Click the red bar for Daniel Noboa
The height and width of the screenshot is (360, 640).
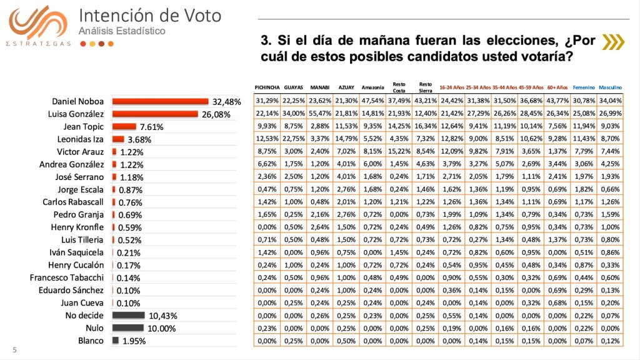click(160, 101)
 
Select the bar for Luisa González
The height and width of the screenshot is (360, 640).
click(150, 114)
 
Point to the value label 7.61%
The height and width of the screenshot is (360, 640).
click(151, 127)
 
